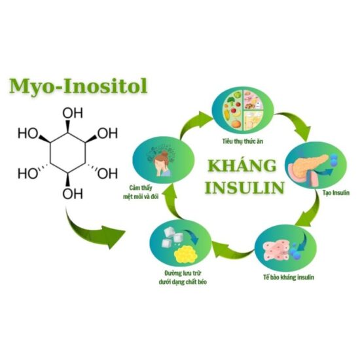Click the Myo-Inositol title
pos(78,87)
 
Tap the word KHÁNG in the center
pos(242,166)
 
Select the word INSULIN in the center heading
pos(245,187)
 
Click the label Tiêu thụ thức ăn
pos(242,141)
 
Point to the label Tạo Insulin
pos(336,192)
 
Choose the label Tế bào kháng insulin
pos(289,278)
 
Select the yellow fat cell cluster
pos(185,255)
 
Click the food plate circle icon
pos(242,111)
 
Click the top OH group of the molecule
pos(73,113)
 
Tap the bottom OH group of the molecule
pos(73,194)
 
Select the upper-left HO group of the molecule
pos(28,134)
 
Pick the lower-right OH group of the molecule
pos(107,173)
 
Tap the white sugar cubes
pos(171,237)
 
